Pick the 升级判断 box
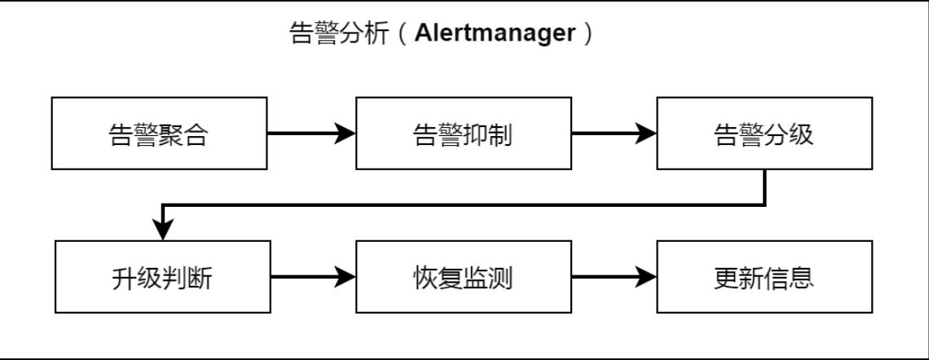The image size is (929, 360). [x=162, y=278]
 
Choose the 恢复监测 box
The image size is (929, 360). [x=463, y=278]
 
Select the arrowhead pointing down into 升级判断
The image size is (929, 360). [x=163, y=230]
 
